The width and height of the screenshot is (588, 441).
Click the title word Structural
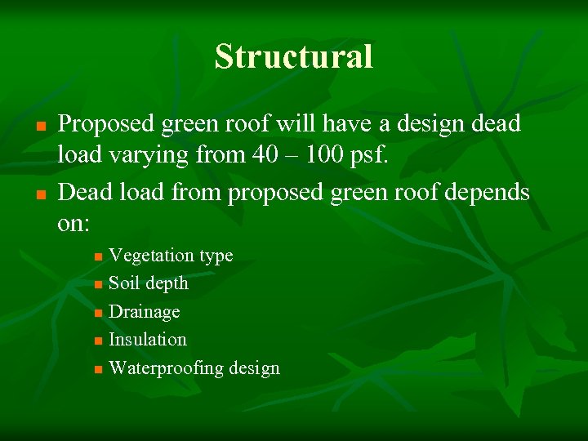(x=294, y=57)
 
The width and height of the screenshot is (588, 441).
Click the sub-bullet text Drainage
(x=144, y=312)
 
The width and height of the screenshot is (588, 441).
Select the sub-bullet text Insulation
(x=147, y=339)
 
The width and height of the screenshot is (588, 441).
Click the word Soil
(x=123, y=283)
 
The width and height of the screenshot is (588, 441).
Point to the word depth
(x=167, y=284)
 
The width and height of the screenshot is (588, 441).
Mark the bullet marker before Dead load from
(x=39, y=194)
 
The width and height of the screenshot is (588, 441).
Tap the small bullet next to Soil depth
(x=98, y=285)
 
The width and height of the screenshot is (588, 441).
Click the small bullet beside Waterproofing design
(x=98, y=369)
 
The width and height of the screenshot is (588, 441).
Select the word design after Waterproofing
(x=254, y=368)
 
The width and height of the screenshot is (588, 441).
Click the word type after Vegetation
(x=216, y=256)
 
